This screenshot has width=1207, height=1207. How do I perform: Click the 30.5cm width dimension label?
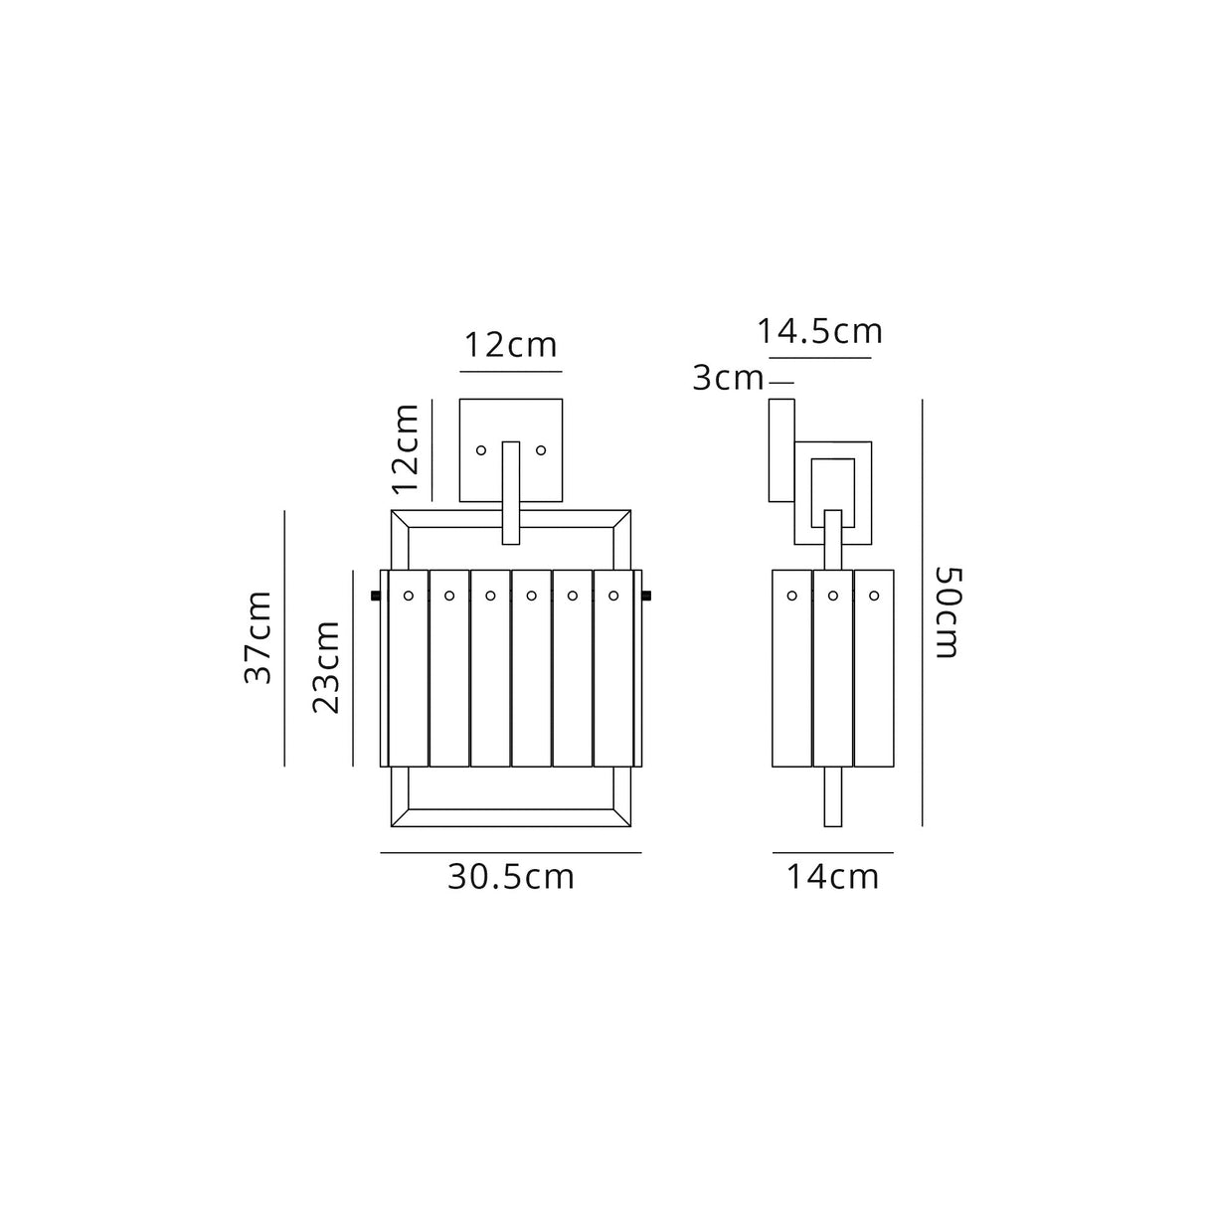pos(510,877)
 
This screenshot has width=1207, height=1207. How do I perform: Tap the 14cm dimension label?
pos(832,877)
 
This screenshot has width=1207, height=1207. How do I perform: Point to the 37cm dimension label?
pos(259,636)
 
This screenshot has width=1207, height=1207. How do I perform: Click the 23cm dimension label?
pos(327,666)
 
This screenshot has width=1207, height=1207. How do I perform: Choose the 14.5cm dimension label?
pos(819,331)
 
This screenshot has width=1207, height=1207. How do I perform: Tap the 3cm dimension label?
pos(728,379)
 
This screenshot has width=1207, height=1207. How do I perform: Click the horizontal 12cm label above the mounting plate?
pos(511,346)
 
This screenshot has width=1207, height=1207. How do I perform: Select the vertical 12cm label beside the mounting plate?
pos(406,448)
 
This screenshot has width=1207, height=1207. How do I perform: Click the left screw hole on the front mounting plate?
pos(481,450)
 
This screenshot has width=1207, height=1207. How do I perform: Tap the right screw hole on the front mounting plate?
pos(541,450)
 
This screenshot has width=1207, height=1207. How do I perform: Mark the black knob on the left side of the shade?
pos(375,597)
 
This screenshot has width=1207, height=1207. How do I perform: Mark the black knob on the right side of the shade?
pos(647,597)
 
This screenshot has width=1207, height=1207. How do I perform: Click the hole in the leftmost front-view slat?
pos(408,597)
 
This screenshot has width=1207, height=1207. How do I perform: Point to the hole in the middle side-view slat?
pos(833,597)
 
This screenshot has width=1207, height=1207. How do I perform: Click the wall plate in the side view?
pos(781,449)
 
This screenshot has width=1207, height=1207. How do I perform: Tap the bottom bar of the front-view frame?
pos(511,818)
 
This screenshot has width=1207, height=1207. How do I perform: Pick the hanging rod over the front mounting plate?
pos(511,492)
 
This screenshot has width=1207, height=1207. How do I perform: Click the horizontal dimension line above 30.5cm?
pos(510,853)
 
